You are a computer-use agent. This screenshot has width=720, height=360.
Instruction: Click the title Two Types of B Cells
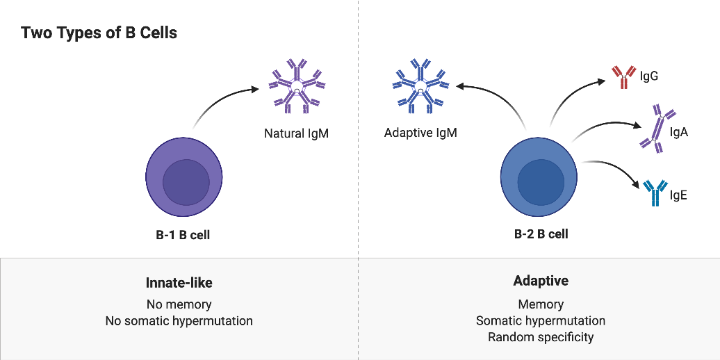[x=99, y=33]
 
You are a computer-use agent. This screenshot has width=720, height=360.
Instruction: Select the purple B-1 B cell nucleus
[x=186, y=181]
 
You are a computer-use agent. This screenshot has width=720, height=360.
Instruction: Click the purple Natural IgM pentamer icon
[x=297, y=88]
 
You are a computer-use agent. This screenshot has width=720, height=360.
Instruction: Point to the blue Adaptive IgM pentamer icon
[x=419, y=88]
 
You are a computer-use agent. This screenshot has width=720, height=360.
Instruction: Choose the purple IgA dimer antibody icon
[x=657, y=128]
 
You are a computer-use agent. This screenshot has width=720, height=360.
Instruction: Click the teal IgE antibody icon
[x=655, y=194]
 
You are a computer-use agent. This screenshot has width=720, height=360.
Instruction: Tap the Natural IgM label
[x=296, y=133]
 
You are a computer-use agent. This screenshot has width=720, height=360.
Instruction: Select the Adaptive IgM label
[x=420, y=132]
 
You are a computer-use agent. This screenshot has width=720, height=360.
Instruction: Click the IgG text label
[x=649, y=76]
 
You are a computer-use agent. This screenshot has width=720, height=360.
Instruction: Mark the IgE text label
[x=678, y=195]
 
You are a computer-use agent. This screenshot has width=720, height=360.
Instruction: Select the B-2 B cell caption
[x=541, y=234]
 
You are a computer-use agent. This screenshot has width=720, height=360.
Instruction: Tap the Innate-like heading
[x=179, y=283]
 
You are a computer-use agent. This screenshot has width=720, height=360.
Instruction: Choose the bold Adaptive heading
[x=541, y=281]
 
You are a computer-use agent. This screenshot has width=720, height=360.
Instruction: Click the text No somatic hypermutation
[x=179, y=321]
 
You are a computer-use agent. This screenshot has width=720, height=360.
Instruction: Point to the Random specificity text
[x=541, y=338]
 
